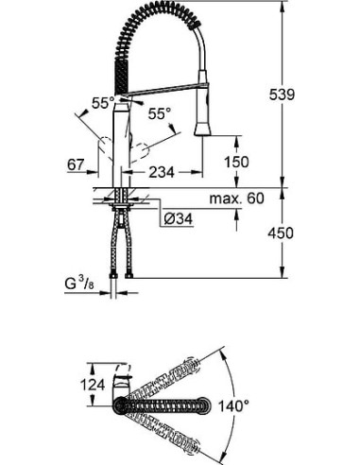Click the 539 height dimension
pos(282,95)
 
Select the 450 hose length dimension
pos(281,233)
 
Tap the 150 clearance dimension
pos(236,162)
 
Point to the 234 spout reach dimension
pos(162,172)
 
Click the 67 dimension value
pos(77,164)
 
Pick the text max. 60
pos(237,198)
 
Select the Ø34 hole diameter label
pos(179,218)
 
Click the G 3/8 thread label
pos(79,284)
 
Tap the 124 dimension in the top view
pos(93,385)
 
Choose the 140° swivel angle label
pos(233,406)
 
